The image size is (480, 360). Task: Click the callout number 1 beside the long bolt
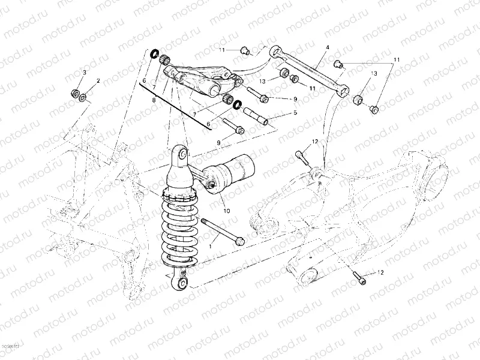tap(211, 246)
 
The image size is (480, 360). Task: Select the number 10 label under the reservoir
tap(226, 211)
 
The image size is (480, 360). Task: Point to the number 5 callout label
tap(295, 112)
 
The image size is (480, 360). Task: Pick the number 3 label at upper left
tap(84, 72)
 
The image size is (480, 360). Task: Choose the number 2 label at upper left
tap(98, 80)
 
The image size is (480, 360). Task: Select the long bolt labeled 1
tap(223, 232)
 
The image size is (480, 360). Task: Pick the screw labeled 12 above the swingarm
tap(302, 158)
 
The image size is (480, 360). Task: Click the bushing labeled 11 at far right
tap(374, 109)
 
